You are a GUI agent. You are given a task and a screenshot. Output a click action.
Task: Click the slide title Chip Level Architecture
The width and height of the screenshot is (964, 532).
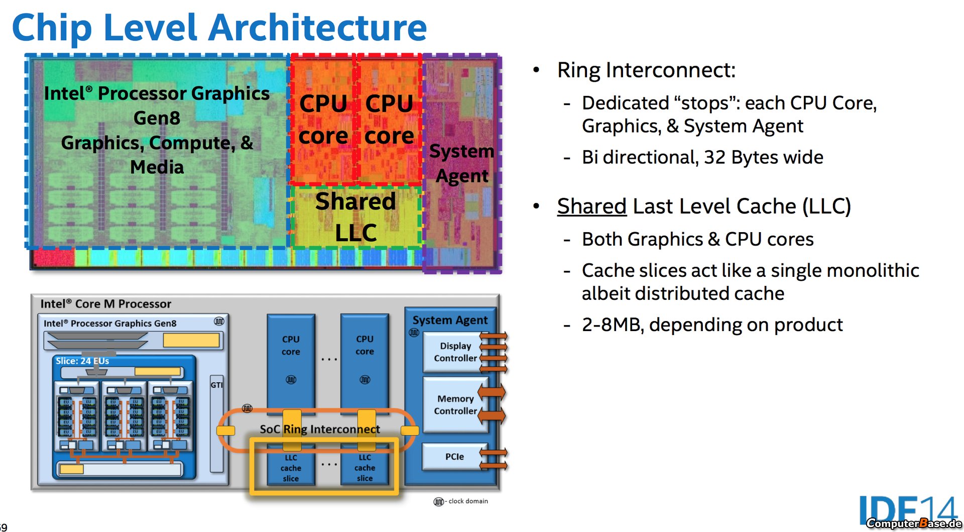click(219, 28)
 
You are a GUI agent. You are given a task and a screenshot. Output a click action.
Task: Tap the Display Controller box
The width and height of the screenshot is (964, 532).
click(455, 352)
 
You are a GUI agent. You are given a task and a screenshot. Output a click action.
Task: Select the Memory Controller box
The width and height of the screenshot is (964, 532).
click(455, 405)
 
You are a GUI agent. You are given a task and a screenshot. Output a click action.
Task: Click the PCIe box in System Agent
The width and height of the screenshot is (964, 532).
click(454, 457)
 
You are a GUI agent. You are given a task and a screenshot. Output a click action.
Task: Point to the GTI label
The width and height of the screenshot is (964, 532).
click(216, 385)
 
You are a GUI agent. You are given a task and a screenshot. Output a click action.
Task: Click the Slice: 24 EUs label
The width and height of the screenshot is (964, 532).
click(82, 361)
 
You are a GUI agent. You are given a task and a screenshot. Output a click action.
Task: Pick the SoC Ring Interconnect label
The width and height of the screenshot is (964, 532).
click(320, 429)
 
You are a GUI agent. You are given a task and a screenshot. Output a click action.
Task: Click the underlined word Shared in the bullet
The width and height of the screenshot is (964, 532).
click(592, 206)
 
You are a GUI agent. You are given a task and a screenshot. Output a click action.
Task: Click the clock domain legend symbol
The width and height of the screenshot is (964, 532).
click(438, 502)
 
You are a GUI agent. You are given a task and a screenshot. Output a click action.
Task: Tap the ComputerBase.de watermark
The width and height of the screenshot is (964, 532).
click(914, 523)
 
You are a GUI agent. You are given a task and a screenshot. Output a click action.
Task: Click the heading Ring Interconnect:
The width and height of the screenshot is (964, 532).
click(646, 70)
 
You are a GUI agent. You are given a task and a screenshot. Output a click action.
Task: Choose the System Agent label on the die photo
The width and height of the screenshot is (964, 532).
click(462, 163)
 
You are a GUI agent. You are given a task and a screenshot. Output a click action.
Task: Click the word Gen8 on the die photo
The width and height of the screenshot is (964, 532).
click(157, 118)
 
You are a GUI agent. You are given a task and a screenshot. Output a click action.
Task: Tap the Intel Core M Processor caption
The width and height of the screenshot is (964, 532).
click(106, 304)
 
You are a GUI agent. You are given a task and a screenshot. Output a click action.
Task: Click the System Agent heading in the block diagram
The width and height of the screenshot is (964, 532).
click(450, 320)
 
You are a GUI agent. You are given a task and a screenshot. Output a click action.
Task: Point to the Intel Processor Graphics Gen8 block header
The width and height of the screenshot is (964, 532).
click(110, 324)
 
